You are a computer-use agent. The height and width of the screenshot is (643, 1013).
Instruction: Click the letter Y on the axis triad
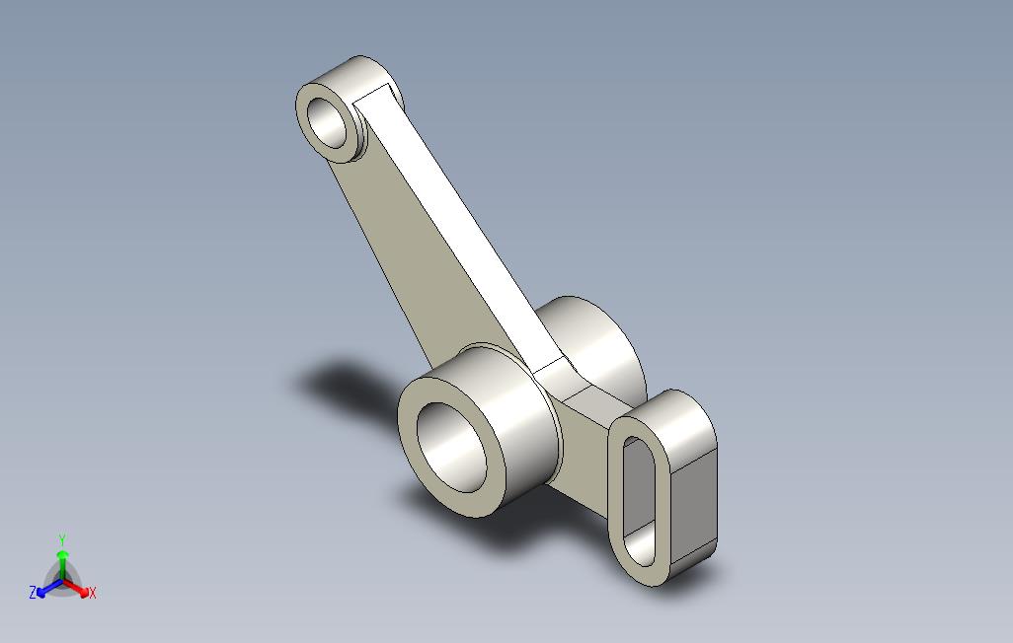tap(62, 539)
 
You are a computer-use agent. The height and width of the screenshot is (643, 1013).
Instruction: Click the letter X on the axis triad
tap(92, 593)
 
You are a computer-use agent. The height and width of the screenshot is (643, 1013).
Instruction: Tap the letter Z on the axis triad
tap(33, 593)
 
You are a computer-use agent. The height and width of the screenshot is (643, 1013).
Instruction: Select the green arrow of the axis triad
tap(62, 560)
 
